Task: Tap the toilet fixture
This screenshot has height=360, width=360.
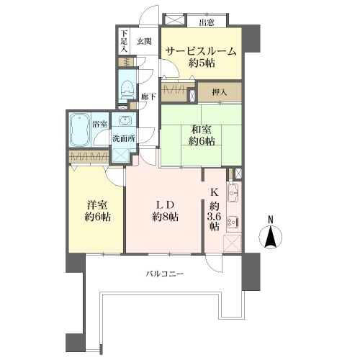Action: click(127, 88)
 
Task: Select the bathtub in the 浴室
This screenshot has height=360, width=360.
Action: click(80, 130)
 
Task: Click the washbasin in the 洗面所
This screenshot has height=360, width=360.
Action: click(125, 120)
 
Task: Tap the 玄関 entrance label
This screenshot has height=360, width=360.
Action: click(144, 42)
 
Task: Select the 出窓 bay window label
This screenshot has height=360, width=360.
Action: click(207, 23)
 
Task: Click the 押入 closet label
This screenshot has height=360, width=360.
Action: click(220, 92)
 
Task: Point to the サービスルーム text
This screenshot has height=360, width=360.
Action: click(201, 51)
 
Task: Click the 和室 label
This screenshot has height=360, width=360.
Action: click(201, 130)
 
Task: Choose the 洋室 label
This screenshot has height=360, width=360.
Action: click(97, 205)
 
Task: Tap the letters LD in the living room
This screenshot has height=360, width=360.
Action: click(165, 205)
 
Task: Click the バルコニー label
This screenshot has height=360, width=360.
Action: click(165, 274)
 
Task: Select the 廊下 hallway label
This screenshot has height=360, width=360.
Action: click(148, 97)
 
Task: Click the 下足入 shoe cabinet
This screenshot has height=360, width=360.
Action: click(124, 41)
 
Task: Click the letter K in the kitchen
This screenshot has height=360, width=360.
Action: click(214, 192)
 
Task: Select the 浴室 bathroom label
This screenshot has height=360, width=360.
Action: click(99, 124)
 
